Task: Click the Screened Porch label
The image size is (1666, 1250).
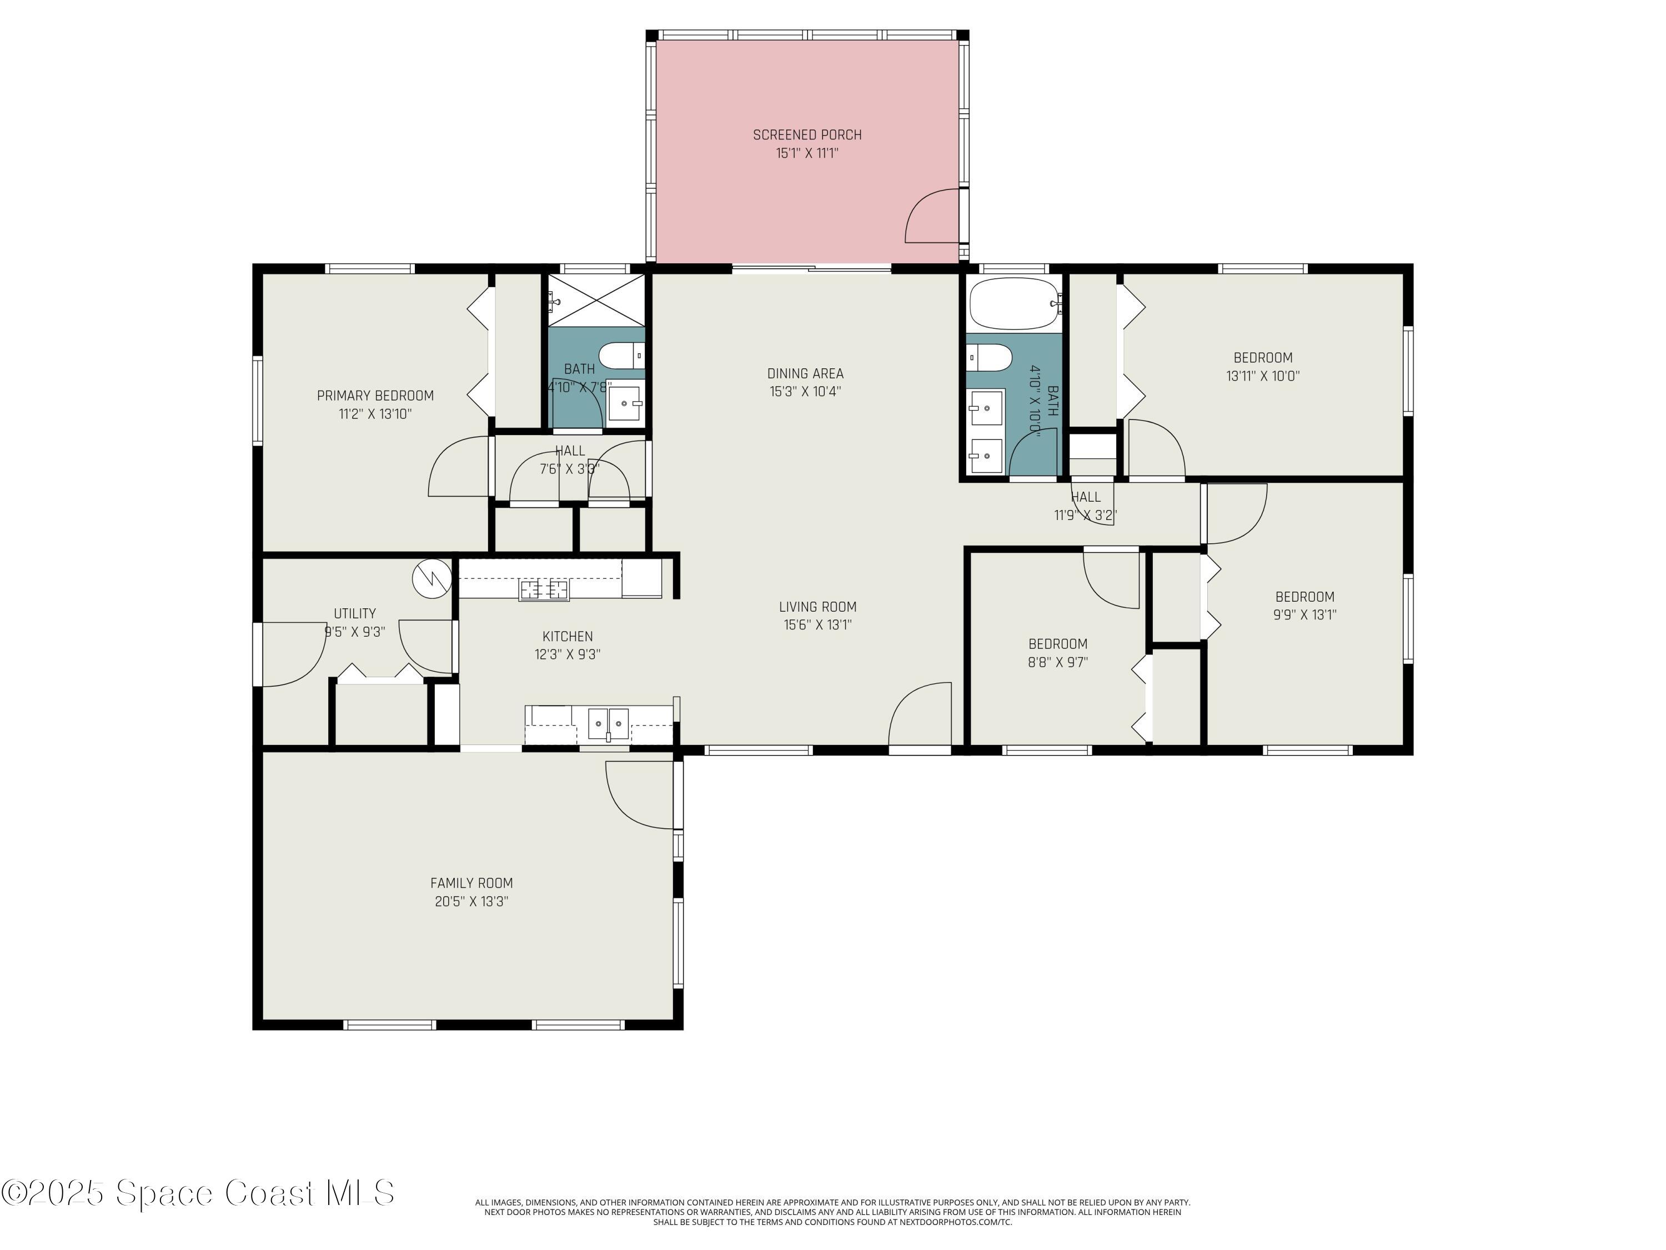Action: click(x=807, y=135)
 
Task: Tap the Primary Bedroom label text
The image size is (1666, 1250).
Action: click(x=375, y=396)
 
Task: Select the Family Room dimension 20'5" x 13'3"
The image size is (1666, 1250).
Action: click(x=471, y=901)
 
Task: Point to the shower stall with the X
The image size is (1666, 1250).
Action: click(x=596, y=301)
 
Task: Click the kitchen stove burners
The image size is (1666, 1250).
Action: click(x=544, y=589)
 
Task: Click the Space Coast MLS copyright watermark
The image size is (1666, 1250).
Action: click(x=198, y=1193)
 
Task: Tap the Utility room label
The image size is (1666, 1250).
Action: click(x=355, y=613)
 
